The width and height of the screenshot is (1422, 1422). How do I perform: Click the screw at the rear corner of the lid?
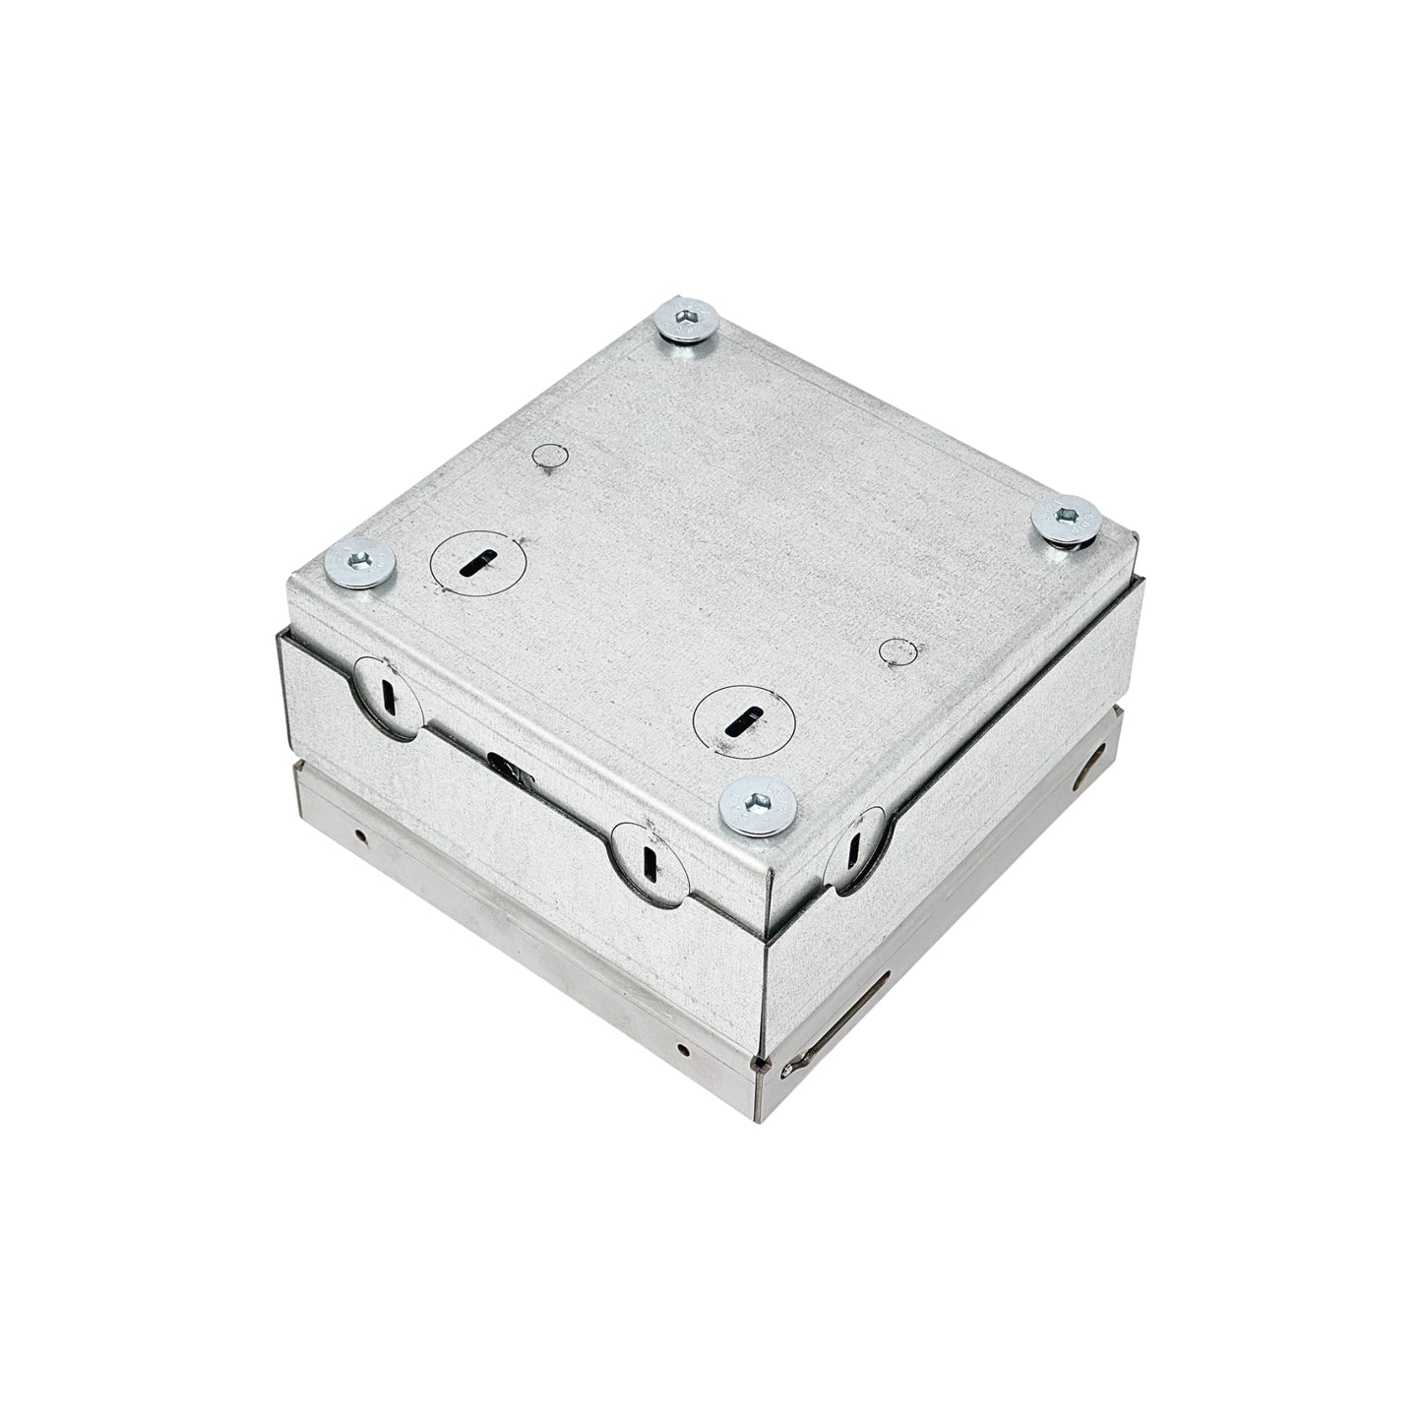pyautogui.click(x=686, y=323)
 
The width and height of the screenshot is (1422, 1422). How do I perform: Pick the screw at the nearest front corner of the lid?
pyautogui.click(x=757, y=808)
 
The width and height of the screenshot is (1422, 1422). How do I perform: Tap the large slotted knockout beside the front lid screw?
pyautogui.click(x=742, y=721)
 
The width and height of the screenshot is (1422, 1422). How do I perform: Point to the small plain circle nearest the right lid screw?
pyautogui.click(x=897, y=651)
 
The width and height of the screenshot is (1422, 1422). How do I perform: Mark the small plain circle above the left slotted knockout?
pyautogui.click(x=550, y=455)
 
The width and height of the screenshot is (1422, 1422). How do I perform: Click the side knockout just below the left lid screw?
pyautogui.click(x=387, y=698)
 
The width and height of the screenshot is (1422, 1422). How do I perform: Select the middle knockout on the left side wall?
pyautogui.click(x=646, y=858)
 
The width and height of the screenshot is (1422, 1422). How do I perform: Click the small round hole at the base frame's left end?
pyautogui.click(x=363, y=835)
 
